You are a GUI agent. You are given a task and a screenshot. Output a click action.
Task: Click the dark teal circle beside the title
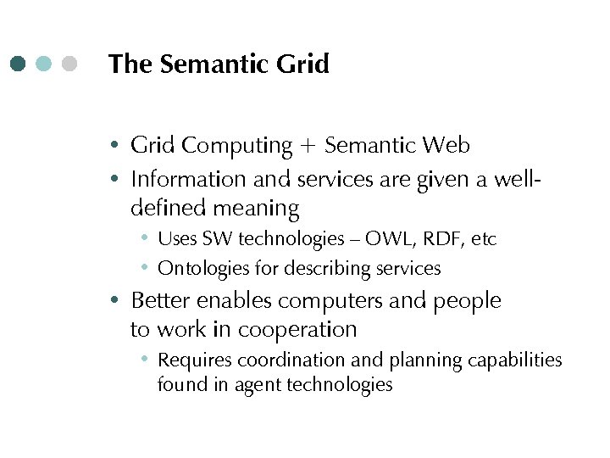point(19,64)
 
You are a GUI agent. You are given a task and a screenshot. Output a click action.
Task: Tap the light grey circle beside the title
point(69,64)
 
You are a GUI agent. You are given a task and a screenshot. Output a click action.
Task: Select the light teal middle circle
point(44,64)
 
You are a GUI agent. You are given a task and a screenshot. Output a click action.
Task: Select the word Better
point(161,300)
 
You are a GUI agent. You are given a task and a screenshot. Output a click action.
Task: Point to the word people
point(468,301)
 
